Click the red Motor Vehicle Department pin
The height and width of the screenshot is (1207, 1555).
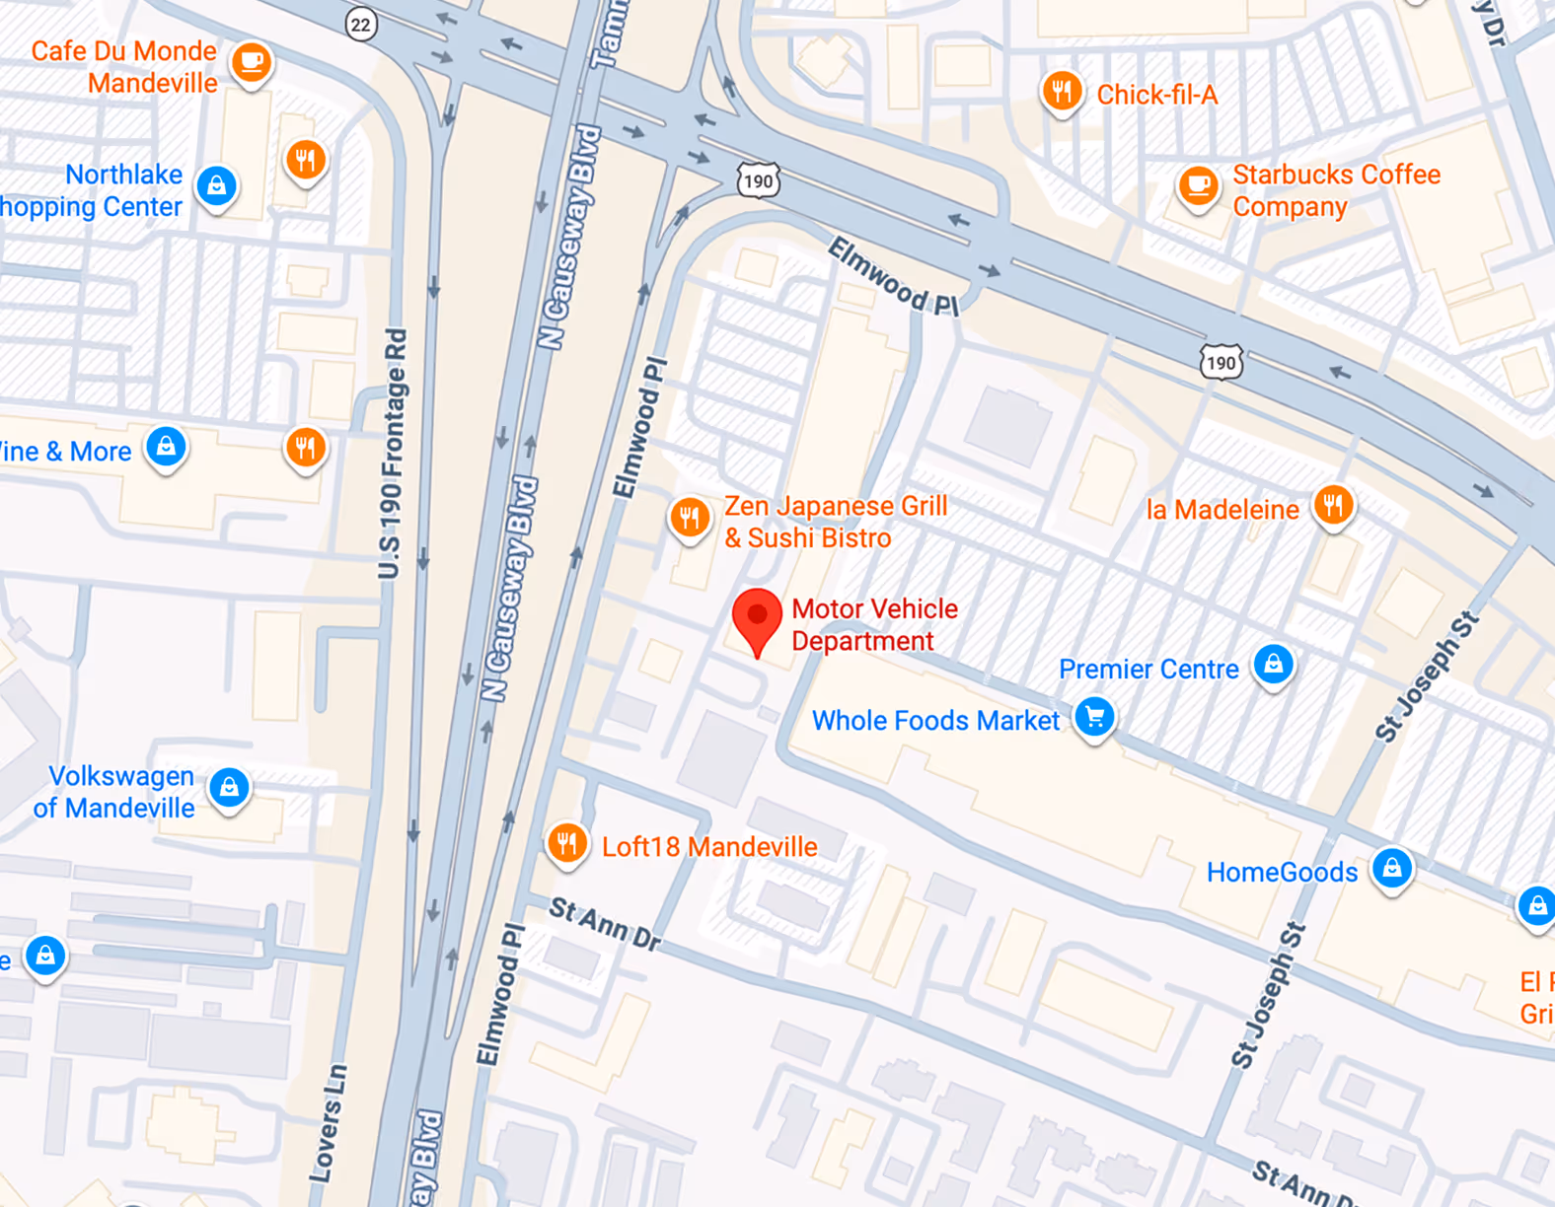point(757,616)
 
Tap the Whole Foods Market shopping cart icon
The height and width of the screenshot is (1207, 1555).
point(1094,717)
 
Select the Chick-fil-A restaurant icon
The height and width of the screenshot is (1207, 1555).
point(1062,92)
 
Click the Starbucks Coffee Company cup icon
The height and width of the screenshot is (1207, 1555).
point(1199,185)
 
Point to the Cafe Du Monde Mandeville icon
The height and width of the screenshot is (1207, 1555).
point(252,62)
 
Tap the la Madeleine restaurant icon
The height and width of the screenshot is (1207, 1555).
point(1333,506)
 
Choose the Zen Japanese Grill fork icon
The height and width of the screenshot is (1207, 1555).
point(690,517)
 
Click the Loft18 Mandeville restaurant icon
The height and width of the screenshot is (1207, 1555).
point(567,844)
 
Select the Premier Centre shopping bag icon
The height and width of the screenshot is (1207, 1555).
point(1274,664)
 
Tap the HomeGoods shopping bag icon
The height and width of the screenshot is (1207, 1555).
point(1392,868)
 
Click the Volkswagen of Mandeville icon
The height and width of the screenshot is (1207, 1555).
point(229,787)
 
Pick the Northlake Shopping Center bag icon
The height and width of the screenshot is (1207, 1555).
point(217,185)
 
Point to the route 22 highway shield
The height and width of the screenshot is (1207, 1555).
point(361,25)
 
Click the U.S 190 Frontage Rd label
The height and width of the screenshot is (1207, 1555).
point(392,454)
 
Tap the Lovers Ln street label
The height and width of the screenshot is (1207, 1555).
point(328,1123)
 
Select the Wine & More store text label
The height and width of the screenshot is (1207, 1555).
point(65,452)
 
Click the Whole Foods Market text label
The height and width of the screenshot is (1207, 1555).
point(934,721)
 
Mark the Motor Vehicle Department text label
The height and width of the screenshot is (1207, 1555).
point(874,624)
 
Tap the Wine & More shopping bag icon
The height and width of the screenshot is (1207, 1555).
point(167,447)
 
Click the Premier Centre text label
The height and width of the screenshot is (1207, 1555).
point(1148,670)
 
